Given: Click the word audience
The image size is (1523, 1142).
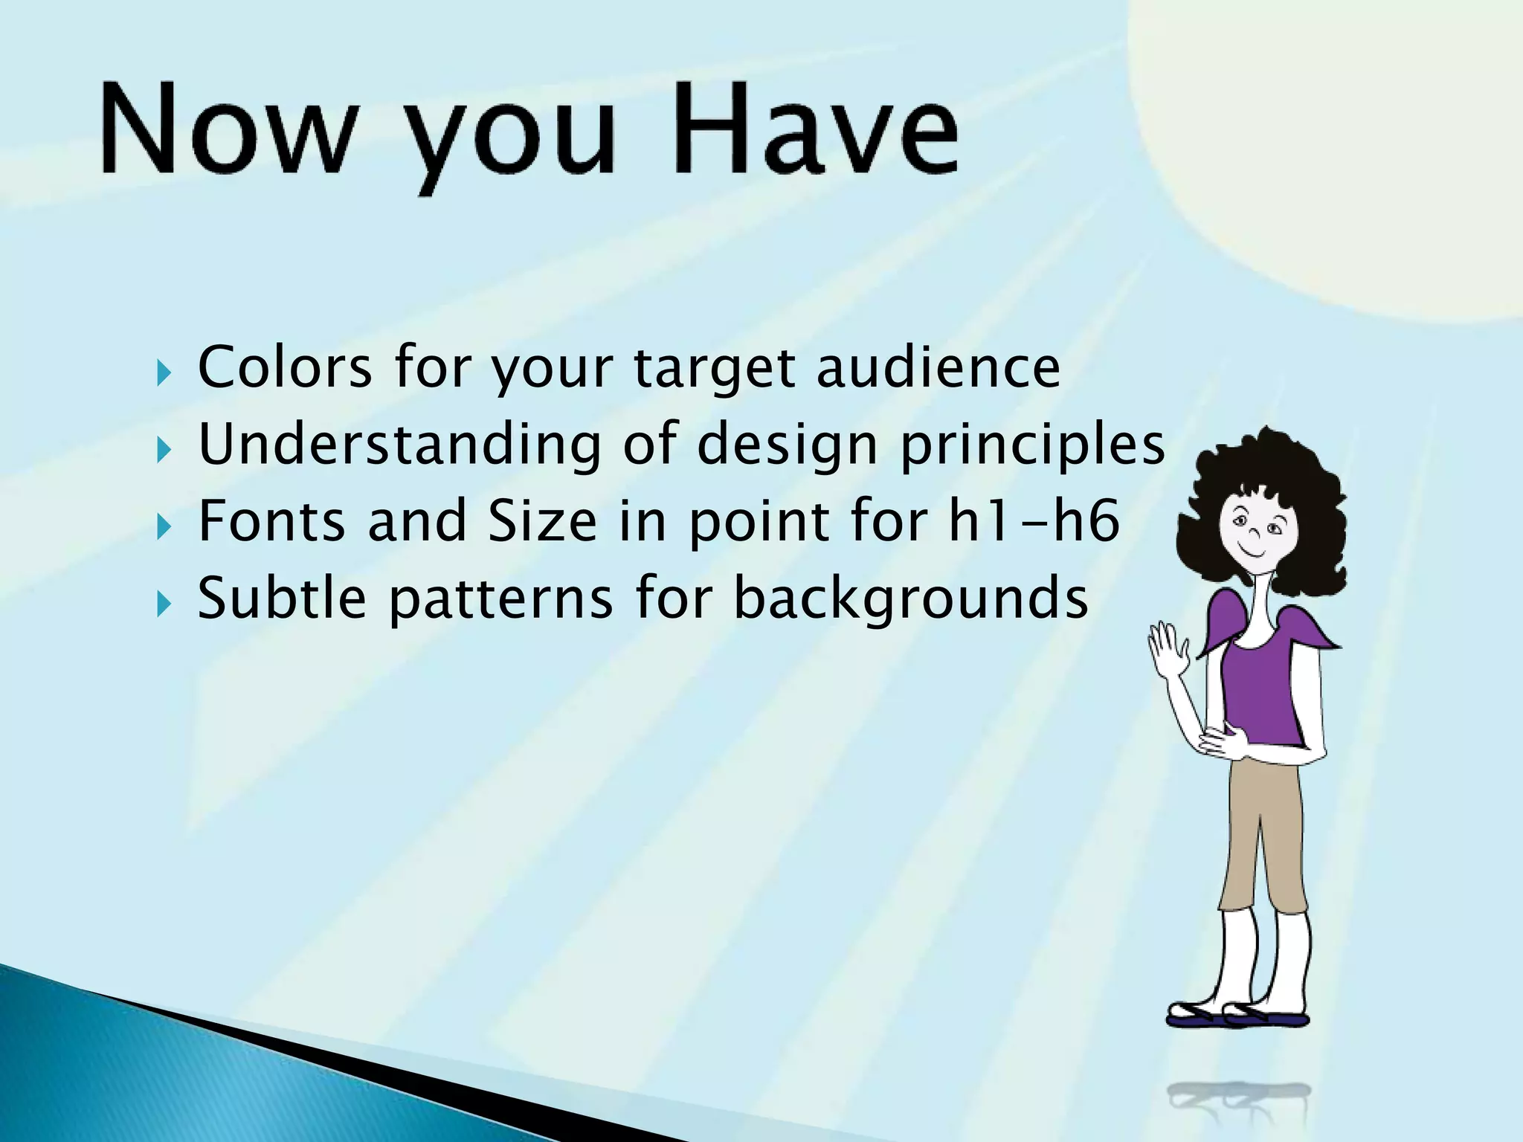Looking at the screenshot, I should click(x=938, y=367).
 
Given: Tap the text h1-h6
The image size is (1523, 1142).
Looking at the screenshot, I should click(x=1034, y=520).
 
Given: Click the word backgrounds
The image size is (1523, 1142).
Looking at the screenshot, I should click(x=911, y=599).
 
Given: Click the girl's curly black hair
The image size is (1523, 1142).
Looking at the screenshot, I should click(x=1264, y=476).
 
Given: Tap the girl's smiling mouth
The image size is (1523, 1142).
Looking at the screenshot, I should click(x=1252, y=553).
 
